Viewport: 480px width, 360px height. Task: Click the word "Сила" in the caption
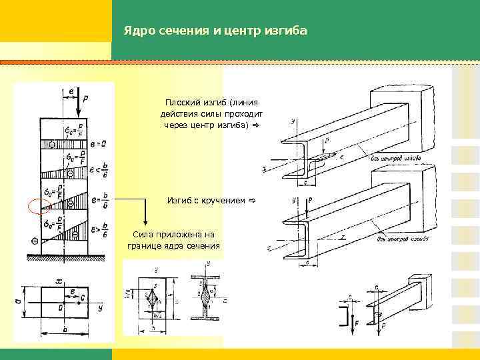pyautogui.click(x=142, y=235)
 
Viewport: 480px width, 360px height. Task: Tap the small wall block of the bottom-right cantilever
pyautogui.click(x=419, y=283)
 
